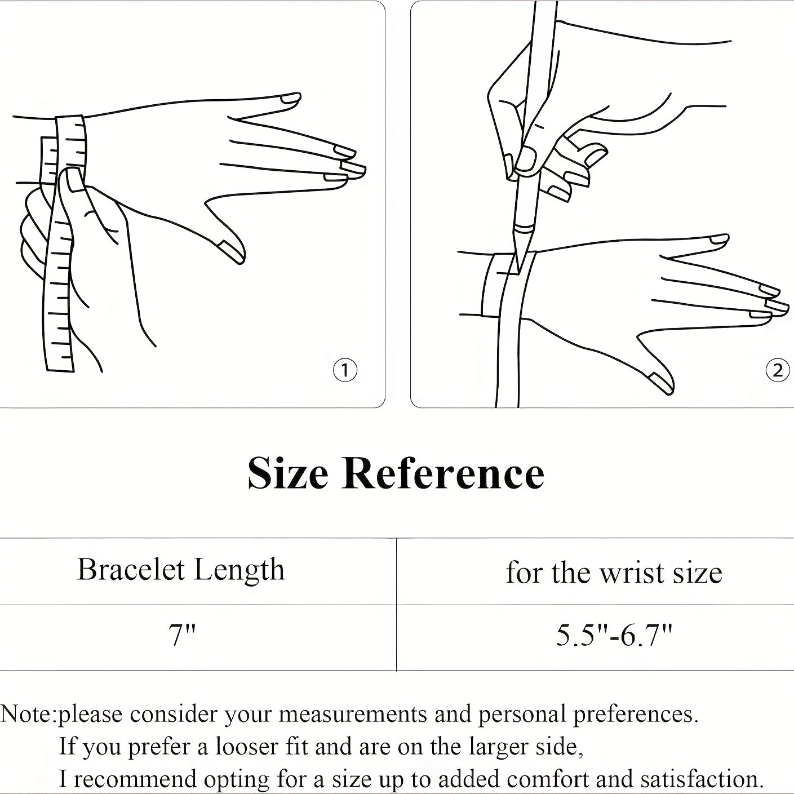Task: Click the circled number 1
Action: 345,370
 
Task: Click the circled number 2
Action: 778,370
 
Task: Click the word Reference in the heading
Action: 443,473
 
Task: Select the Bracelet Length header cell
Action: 181,570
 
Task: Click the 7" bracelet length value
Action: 182,636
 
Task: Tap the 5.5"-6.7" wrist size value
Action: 614,636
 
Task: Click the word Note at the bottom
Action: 26,714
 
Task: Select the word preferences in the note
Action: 636,715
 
